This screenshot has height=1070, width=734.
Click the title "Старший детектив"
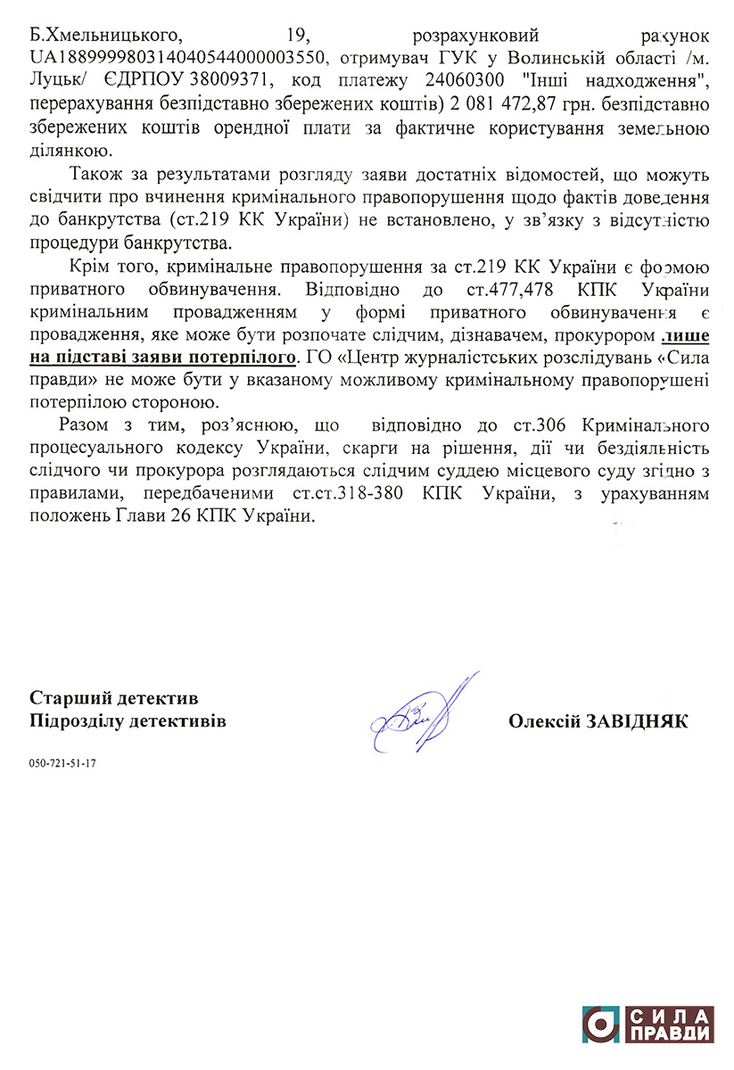pos(114,697)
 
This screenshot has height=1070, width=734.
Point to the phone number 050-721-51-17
pos(62,764)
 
